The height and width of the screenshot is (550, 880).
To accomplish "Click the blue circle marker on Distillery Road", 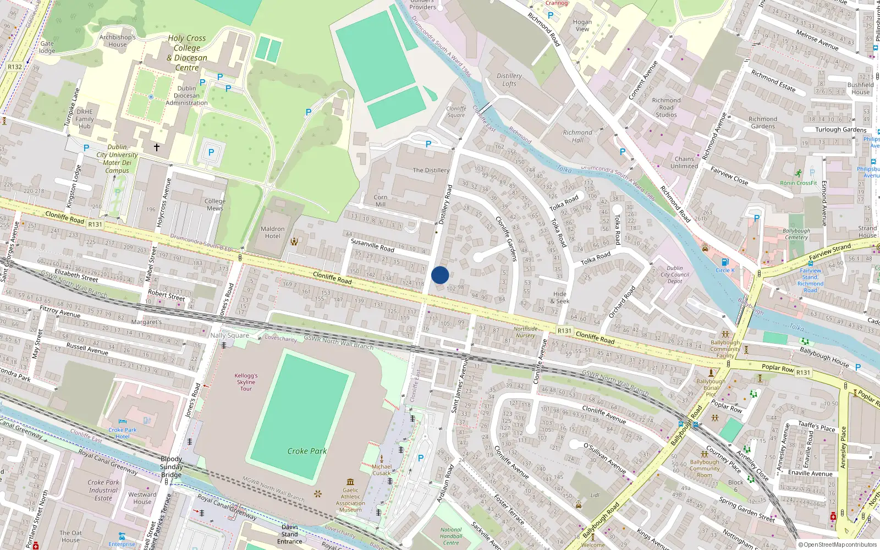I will [x=440, y=275].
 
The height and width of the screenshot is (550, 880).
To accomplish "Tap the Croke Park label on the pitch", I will [x=307, y=451].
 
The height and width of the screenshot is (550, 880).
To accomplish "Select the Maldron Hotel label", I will [x=273, y=233].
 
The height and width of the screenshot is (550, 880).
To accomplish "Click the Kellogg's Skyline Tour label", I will [x=246, y=382].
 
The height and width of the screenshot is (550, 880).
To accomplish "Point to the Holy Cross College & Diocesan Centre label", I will [x=187, y=53].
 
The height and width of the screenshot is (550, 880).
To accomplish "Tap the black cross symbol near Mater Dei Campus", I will [x=157, y=147].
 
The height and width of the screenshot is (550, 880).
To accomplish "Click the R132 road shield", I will [x=15, y=67].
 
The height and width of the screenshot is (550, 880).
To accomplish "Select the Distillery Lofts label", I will [x=509, y=80].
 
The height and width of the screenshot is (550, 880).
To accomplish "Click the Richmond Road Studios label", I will [x=666, y=108].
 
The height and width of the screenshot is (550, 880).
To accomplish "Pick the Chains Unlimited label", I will [x=684, y=162].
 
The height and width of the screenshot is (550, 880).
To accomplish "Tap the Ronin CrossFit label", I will [x=799, y=183].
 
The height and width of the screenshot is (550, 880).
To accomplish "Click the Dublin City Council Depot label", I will [x=675, y=274].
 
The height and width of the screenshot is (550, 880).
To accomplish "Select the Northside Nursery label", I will [x=525, y=332].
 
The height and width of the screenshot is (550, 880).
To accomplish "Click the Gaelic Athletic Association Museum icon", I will [x=350, y=482].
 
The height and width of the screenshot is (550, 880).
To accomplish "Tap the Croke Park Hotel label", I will [x=122, y=433].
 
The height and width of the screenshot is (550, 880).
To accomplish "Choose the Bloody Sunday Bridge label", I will [x=171, y=467].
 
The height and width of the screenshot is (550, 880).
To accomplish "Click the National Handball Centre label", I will [x=451, y=536].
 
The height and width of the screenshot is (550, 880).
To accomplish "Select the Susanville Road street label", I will [x=372, y=245].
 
